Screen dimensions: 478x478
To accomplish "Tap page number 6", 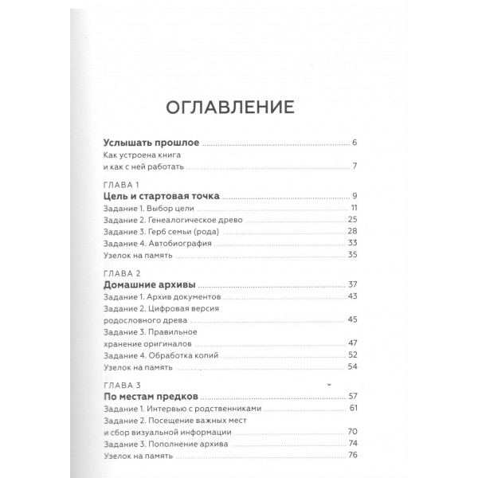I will [355, 143].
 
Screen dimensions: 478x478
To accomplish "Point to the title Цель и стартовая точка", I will [162, 196].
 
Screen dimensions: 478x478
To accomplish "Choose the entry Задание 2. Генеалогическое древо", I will [170, 219].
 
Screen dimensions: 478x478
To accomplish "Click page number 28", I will [351, 231].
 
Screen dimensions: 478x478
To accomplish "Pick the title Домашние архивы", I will [150, 284].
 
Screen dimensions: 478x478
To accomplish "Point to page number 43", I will [351, 296].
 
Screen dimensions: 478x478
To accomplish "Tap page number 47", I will [351, 343].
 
